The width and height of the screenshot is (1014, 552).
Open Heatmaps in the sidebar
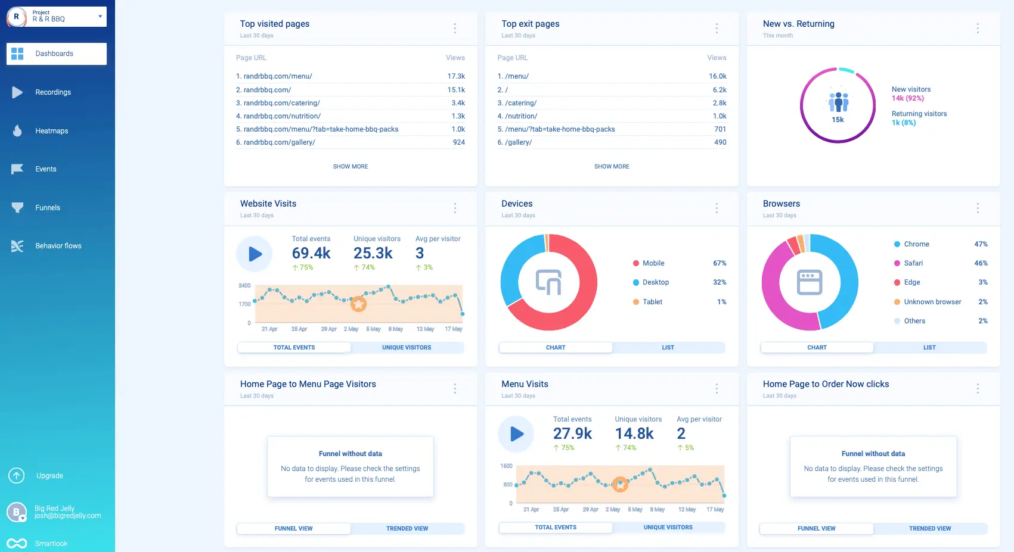pos(51,131)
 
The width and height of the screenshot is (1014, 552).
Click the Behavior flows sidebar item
pos(58,246)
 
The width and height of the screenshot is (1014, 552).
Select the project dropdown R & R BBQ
pos(57,17)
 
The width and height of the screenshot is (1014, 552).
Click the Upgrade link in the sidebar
pos(49,476)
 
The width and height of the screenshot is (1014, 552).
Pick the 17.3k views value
pos(456,76)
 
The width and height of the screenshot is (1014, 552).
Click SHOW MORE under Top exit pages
pos(612,167)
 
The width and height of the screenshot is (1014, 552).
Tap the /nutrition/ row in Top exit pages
pos(520,116)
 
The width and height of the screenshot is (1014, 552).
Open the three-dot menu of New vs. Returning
pos(978,28)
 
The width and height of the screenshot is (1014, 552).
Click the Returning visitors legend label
pos(919,114)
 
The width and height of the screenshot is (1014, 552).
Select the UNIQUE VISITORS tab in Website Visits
pos(407,348)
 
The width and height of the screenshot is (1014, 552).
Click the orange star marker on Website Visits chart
pos(358,304)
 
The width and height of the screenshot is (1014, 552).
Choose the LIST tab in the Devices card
pos(668,348)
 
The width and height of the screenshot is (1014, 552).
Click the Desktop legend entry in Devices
pos(655,282)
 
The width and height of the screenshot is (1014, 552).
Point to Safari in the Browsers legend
pos(913,263)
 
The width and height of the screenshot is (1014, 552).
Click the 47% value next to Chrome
pos(981,244)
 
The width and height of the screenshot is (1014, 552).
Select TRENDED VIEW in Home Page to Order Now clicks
pos(929,529)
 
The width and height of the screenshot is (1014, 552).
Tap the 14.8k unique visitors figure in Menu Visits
pos(634,434)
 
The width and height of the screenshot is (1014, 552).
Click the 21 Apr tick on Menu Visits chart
pos(531,510)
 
